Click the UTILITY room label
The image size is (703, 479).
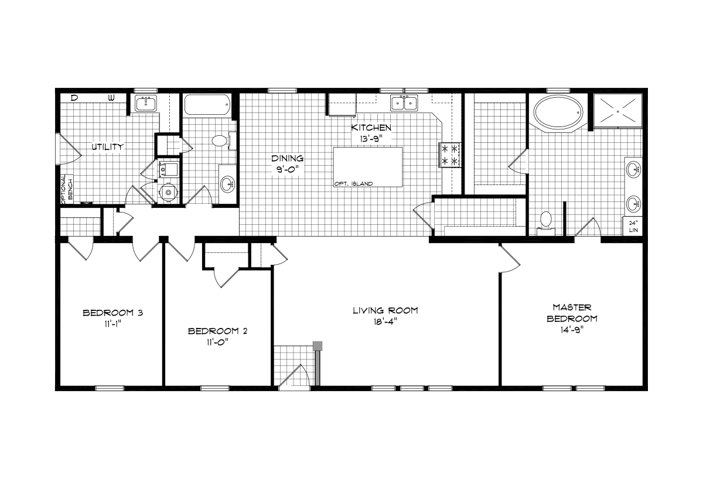point(108,147)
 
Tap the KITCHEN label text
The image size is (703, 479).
point(371,128)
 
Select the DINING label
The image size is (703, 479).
point(287,158)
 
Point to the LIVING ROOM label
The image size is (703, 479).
point(385,310)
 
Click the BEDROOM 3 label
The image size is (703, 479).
point(112,313)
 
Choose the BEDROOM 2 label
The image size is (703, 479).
point(217,331)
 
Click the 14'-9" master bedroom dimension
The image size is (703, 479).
point(572,330)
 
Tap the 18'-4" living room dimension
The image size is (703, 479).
point(385,321)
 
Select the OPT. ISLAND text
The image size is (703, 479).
point(353,184)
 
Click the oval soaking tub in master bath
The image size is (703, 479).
point(558,112)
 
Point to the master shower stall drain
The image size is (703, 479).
point(617,111)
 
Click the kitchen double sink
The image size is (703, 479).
point(404,103)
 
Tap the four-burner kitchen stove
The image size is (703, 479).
point(450,155)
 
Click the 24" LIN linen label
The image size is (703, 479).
point(633,227)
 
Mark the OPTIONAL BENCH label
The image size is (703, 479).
point(67,189)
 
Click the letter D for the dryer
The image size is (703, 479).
point(74,98)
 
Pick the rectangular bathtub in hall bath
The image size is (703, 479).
point(207,105)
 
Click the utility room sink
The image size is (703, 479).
point(146,104)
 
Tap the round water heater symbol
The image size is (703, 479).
point(168,192)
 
